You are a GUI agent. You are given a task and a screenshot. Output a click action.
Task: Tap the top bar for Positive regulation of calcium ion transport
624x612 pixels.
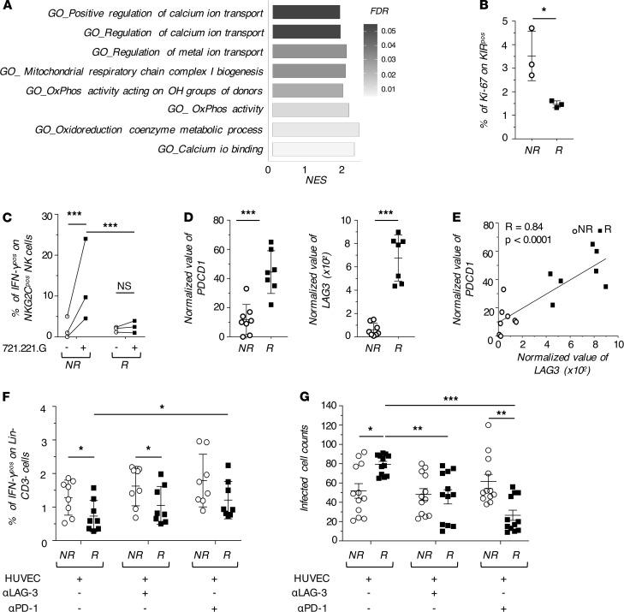305,13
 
